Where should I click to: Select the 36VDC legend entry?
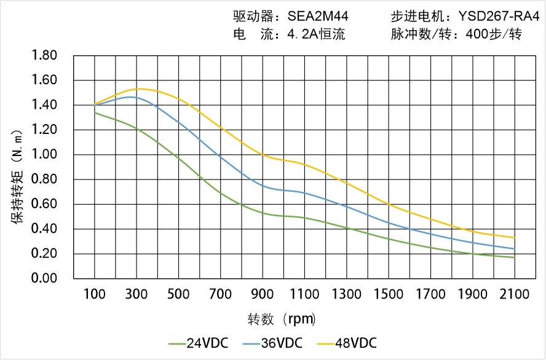pyautogui.click(x=280, y=343)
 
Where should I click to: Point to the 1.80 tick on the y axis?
pyautogui.click(x=44, y=56)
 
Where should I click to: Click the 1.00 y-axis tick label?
pyautogui.click(x=44, y=155)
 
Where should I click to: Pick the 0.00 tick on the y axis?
pyautogui.click(x=44, y=279)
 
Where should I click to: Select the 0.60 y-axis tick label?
pyautogui.click(x=44, y=205)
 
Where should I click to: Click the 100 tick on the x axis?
pyautogui.click(x=95, y=294)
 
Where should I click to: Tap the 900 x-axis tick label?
pyautogui.click(x=263, y=294)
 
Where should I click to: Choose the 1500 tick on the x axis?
pyautogui.click(x=389, y=294)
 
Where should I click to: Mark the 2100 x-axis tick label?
pyautogui.click(x=515, y=294)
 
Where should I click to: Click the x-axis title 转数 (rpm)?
pyautogui.click(x=282, y=319)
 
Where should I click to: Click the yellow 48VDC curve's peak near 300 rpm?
pyautogui.click(x=139, y=89)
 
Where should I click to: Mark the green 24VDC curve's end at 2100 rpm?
pyautogui.click(x=515, y=257)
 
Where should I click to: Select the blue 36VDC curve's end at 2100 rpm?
pyautogui.click(x=515, y=249)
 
